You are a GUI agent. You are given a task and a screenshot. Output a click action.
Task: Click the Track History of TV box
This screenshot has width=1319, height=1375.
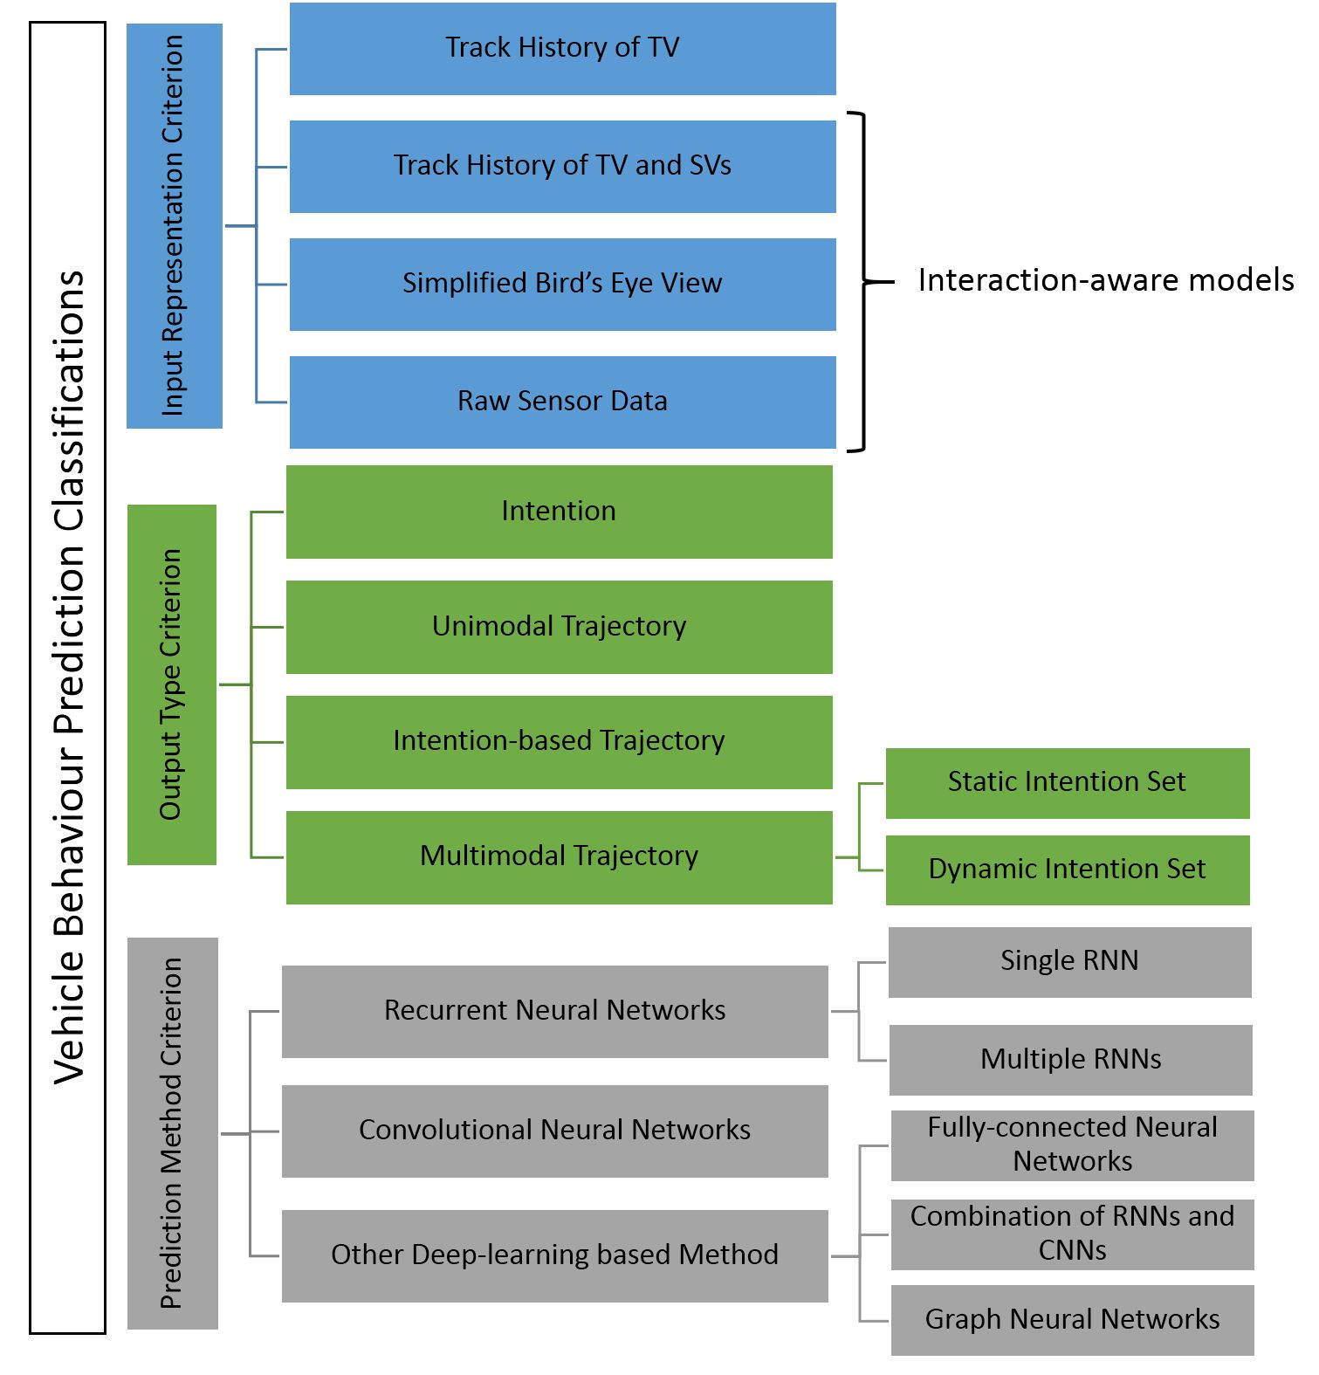click(x=562, y=49)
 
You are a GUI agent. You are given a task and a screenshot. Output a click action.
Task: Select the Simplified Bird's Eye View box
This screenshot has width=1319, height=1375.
click(x=562, y=285)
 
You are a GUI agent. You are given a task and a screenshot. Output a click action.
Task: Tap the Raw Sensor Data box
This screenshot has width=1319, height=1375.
click(x=562, y=402)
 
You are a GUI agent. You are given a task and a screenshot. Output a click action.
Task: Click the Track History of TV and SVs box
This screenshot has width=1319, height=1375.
click(x=562, y=167)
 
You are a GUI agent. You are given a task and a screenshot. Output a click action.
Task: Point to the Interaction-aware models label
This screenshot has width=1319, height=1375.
click(x=1106, y=280)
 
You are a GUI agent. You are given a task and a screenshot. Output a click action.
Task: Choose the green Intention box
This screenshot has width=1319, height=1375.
click(x=559, y=512)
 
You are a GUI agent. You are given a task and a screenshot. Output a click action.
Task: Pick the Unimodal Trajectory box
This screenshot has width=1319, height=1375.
click(x=559, y=627)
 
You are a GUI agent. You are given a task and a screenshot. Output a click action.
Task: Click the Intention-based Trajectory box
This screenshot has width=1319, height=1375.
click(x=559, y=742)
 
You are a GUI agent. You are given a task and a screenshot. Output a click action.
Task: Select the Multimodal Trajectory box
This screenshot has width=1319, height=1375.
click(x=559, y=857)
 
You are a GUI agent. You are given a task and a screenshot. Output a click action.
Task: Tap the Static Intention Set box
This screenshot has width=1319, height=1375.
click(x=1068, y=783)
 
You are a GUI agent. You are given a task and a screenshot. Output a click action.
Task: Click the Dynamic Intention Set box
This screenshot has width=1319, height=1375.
click(x=1068, y=870)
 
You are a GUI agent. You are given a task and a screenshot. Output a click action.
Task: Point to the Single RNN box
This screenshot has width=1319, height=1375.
click(x=1070, y=962)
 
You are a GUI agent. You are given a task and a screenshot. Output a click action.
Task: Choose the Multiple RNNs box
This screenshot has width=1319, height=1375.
click(x=1071, y=1060)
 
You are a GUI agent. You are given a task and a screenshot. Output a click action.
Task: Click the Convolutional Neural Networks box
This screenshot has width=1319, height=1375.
click(x=555, y=1131)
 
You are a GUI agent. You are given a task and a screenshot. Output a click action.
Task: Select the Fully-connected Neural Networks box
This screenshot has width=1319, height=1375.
click(x=1073, y=1145)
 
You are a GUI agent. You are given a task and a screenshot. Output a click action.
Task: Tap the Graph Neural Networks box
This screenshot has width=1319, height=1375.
click(x=1073, y=1320)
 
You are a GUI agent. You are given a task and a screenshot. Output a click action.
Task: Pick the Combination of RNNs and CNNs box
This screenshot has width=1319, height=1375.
click(x=1073, y=1234)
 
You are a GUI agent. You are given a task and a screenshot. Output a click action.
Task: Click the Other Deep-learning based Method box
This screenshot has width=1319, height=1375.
click(x=555, y=1256)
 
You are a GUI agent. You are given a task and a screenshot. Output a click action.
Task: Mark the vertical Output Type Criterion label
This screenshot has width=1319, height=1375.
click(x=171, y=684)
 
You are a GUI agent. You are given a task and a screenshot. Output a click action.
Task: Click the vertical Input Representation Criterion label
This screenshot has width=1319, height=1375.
click(x=173, y=225)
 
